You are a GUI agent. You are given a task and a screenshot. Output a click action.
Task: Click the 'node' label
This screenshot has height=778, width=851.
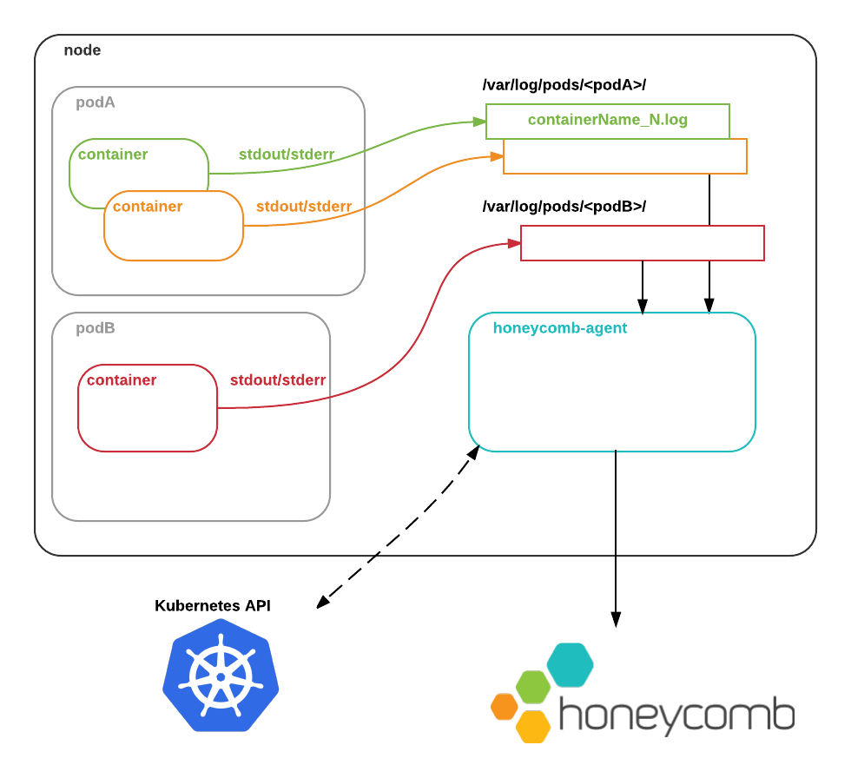pyautogui.click(x=82, y=50)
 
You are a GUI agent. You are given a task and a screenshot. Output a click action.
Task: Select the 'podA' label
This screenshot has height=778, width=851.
pyautogui.click(x=96, y=102)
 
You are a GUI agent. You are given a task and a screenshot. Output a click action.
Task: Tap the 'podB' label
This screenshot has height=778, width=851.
pyautogui.click(x=96, y=328)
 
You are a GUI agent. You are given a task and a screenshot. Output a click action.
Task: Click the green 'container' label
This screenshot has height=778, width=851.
pyautogui.click(x=113, y=155)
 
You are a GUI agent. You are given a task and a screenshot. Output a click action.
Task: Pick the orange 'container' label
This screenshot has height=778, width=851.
pyautogui.click(x=148, y=207)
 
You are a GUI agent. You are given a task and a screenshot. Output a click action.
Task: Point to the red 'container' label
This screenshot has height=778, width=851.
pyautogui.click(x=122, y=380)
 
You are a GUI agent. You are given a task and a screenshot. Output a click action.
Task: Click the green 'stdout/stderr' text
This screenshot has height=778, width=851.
pyautogui.click(x=287, y=155)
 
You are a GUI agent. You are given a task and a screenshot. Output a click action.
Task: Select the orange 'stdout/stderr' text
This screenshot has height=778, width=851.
pyautogui.click(x=304, y=207)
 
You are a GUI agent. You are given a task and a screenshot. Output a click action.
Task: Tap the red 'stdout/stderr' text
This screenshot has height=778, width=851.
pyautogui.click(x=278, y=380)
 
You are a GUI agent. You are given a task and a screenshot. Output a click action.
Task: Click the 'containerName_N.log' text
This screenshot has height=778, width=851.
pyautogui.click(x=608, y=120)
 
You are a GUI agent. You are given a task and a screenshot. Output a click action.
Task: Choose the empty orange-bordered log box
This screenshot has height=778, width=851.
pyautogui.click(x=625, y=157)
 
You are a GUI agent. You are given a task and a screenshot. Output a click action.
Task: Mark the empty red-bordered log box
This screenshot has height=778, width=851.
pyautogui.click(x=643, y=243)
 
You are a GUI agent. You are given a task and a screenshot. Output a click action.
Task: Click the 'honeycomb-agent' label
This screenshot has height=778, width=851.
pyautogui.click(x=560, y=328)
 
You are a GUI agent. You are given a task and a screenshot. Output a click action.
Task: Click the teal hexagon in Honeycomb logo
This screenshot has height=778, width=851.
pyautogui.click(x=570, y=664)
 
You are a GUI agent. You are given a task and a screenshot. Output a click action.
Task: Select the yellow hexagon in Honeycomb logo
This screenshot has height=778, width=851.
pyautogui.click(x=533, y=727)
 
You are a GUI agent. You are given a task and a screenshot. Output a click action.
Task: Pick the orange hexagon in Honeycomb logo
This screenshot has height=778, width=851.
pyautogui.click(x=505, y=706)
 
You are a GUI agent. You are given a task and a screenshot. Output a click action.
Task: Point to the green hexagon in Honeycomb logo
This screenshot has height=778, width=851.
pyautogui.click(x=533, y=687)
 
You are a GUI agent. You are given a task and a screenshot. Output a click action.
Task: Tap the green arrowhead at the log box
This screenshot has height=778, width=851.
pyautogui.click(x=479, y=122)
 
